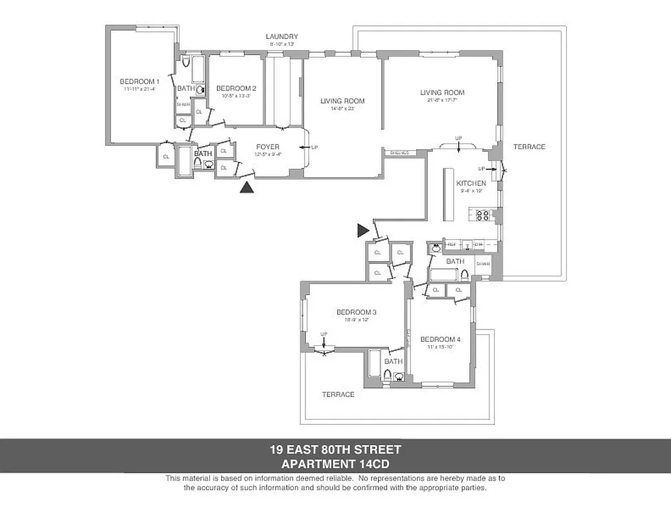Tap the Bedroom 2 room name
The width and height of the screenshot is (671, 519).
tap(236, 89)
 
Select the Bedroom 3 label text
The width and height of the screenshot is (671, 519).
tap(357, 312)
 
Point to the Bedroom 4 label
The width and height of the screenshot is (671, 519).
tap(440, 339)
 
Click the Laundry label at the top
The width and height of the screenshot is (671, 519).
tap(282, 36)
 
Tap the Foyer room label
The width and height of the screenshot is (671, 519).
tap(268, 147)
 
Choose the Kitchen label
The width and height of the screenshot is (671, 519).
tap(471, 184)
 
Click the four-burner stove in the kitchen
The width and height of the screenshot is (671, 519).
tap(483, 215)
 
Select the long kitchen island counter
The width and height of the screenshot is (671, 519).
tap(448, 195)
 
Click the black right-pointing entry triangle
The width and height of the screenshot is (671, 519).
tap(362, 230)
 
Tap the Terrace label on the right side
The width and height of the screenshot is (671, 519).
tap(530, 147)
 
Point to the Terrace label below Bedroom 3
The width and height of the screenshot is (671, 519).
tap(338, 394)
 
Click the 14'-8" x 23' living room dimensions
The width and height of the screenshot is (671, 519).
tap(342, 109)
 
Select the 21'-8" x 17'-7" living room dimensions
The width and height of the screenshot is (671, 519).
tap(441, 101)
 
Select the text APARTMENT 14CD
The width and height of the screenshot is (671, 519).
tap(335, 463)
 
